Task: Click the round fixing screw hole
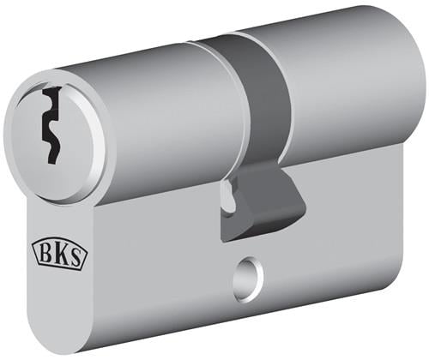pyautogui.click(x=248, y=279)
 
